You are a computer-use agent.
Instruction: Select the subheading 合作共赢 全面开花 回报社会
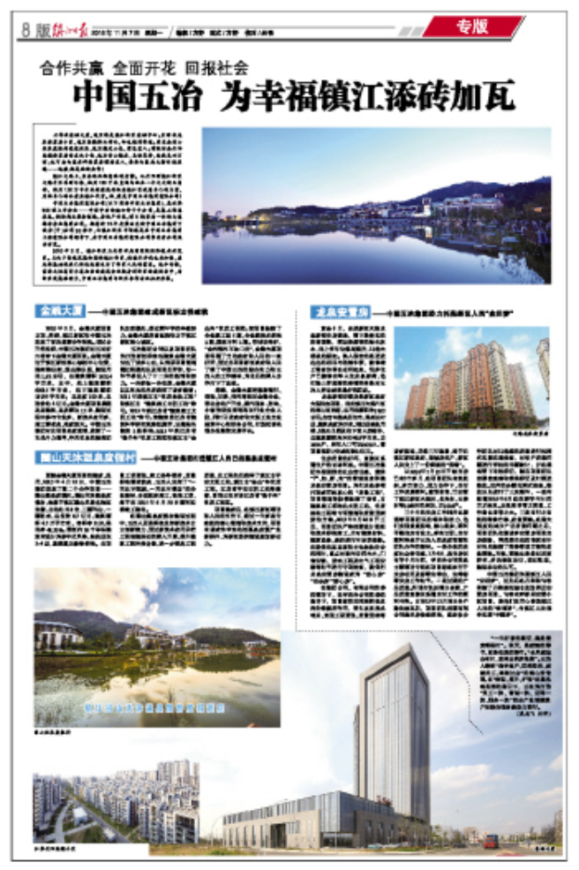(x=145, y=66)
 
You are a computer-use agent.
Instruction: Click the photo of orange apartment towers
(x=470, y=376)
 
